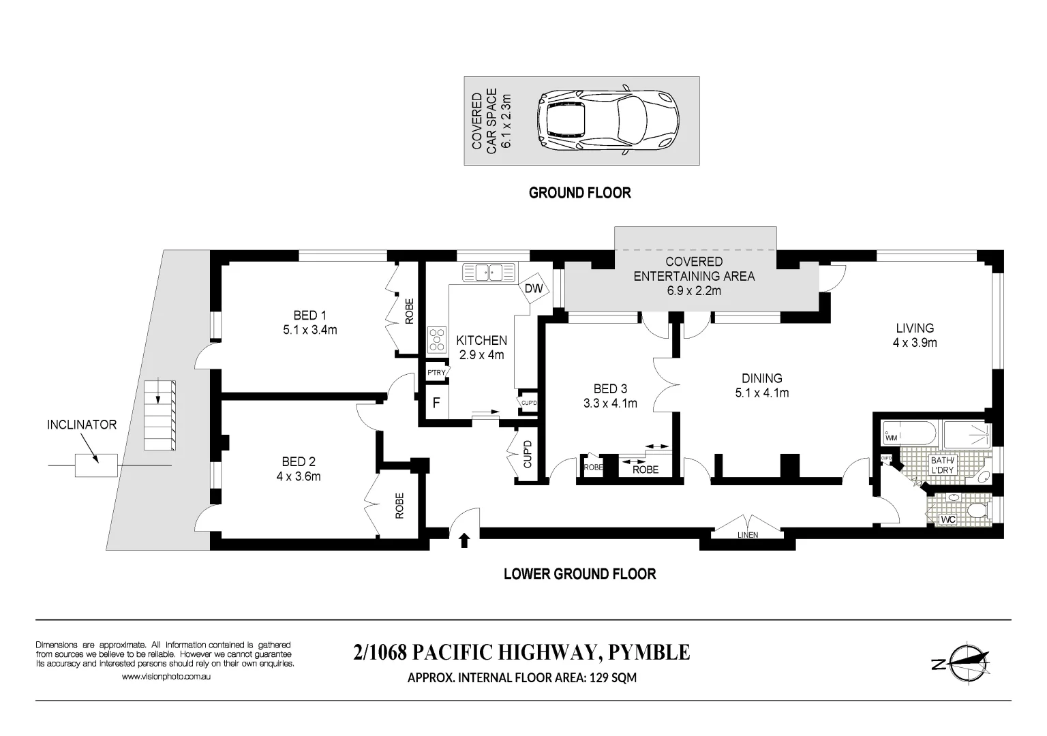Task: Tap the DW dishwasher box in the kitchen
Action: click(534, 288)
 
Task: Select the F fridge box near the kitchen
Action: click(436, 403)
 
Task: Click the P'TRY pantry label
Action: click(436, 372)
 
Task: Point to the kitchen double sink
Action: click(489, 273)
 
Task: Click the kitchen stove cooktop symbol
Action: click(436, 338)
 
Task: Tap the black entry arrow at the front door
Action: click(465, 540)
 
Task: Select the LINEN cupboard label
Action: click(747, 535)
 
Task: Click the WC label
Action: click(947, 520)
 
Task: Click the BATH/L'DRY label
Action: click(943, 465)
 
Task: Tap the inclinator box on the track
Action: click(96, 465)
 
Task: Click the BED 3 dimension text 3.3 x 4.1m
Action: click(610, 403)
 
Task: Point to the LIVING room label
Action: click(915, 328)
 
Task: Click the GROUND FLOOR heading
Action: click(580, 193)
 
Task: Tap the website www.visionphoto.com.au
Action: click(166, 677)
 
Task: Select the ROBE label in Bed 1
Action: click(409, 311)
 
